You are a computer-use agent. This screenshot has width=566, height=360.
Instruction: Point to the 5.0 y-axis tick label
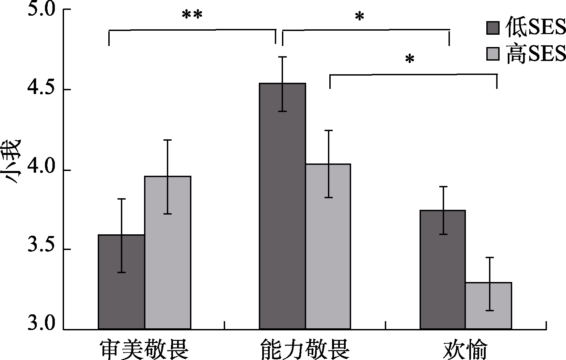[41, 10]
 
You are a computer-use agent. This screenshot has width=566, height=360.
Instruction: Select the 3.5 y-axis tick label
[41, 249]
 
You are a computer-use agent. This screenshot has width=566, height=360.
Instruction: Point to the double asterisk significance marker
[192, 15]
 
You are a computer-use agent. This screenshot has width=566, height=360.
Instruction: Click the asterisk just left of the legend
[359, 17]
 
